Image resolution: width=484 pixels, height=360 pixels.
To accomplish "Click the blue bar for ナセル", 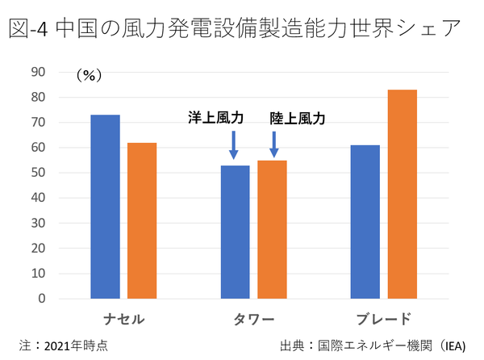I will click(105, 207).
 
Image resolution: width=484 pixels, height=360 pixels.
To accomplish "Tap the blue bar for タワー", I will click(235, 232).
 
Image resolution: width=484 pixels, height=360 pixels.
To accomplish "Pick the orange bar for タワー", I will click(272, 229).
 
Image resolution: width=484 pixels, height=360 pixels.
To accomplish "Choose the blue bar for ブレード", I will click(365, 222).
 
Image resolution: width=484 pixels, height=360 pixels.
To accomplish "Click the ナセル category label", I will click(123, 318).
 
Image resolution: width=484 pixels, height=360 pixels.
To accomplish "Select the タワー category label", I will click(253, 318).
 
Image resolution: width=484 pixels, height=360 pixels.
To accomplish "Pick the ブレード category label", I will click(383, 318).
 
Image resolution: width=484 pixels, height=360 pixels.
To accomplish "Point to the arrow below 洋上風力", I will click(234, 145).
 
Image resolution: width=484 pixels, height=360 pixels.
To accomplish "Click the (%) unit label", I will click(87, 75).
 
